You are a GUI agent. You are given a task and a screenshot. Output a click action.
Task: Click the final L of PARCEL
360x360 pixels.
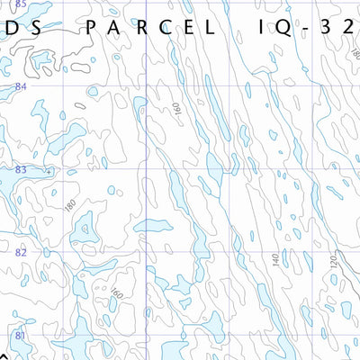(x=211, y=27)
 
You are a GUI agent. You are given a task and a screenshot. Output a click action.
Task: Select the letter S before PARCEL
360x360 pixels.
(x=33, y=27)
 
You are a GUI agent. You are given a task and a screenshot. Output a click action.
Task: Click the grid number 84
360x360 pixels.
(x=20, y=85)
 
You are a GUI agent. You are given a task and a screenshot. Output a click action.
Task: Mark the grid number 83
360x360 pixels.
(x=20, y=169)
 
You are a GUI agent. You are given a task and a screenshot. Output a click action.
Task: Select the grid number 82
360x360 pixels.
(x=20, y=253)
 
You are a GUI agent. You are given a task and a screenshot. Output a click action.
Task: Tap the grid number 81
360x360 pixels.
(x=20, y=336)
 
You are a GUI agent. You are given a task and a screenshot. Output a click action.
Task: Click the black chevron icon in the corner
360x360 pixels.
(x=4, y=355)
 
